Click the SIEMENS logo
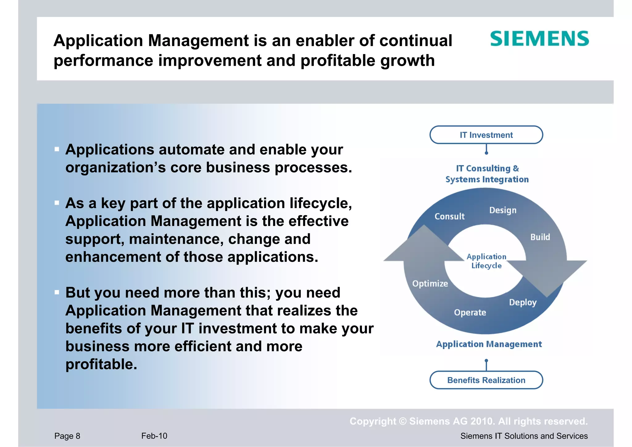pos(539,39)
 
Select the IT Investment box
pos(486,135)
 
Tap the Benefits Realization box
pos(486,380)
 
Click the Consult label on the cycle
pos(449,216)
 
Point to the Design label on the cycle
pos(503,210)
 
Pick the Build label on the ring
pos(540,237)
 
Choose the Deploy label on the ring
pos(523,303)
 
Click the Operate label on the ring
pos(470,312)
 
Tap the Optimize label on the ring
pos(430,283)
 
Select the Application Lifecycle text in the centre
pos(486,261)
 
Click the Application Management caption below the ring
pos(489,344)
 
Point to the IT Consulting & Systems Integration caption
pos(487,174)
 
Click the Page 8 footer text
pos(67,436)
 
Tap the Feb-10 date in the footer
pos(154,436)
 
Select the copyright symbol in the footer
pos(403,421)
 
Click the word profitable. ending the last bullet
pos(101,364)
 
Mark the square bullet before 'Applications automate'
pos(57,149)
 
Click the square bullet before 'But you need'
pos(57,292)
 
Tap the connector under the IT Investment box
pos(486,149)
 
